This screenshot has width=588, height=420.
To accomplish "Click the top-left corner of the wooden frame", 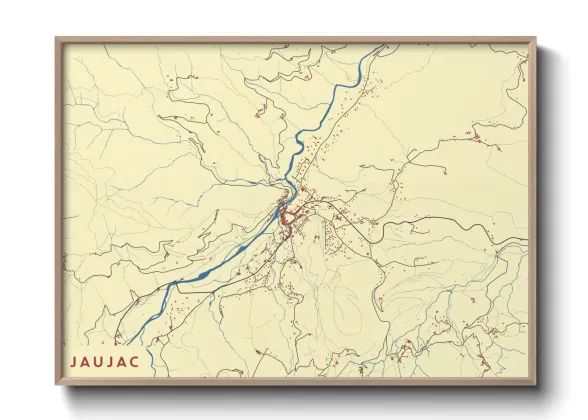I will [56, 39].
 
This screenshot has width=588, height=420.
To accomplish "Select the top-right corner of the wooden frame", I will [536, 39].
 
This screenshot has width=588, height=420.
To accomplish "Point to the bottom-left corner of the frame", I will [56, 385].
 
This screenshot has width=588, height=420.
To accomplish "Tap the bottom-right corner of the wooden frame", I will [536, 385].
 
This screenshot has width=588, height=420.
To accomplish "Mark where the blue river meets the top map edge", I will [381, 47].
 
